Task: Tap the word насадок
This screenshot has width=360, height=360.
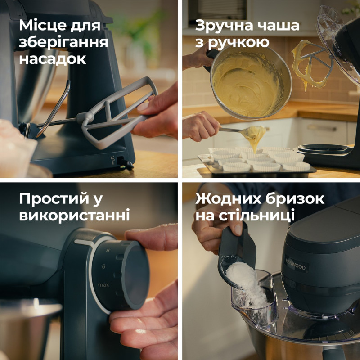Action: (x=53, y=59)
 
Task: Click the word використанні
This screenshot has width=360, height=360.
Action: (x=74, y=215)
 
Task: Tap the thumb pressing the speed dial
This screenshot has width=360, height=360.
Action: (x=144, y=234)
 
